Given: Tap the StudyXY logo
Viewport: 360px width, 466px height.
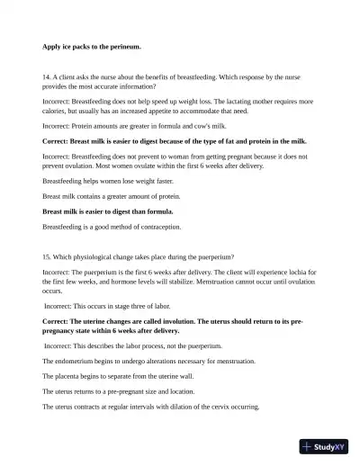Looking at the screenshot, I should (x=325, y=446).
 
